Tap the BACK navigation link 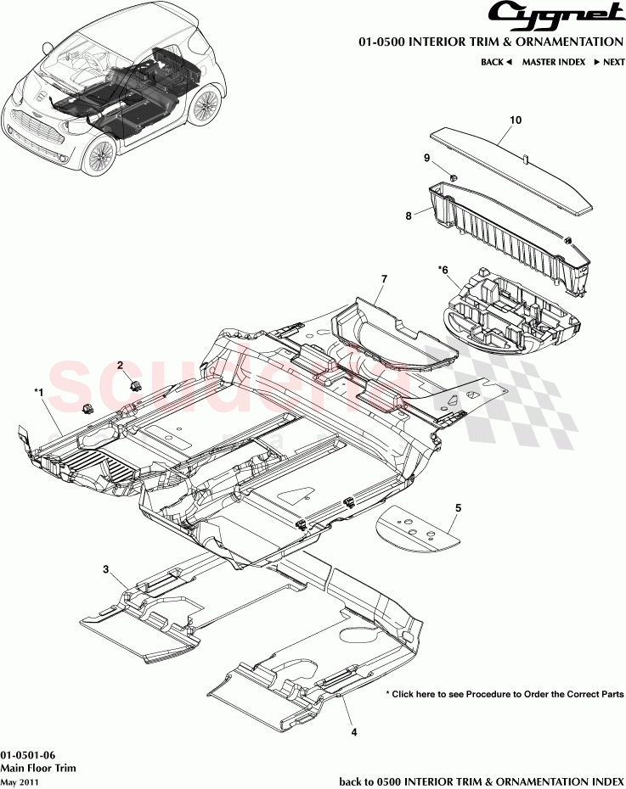pyautogui.click(x=496, y=62)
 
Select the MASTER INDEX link pyautogui.click(x=554, y=62)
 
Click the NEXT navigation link pyautogui.click(x=609, y=62)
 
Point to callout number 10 pyautogui.click(x=516, y=120)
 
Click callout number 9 pyautogui.click(x=426, y=158)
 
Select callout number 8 pyautogui.click(x=409, y=215)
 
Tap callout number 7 pyautogui.click(x=384, y=279)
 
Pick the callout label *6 pyautogui.click(x=443, y=271)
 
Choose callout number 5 pyautogui.click(x=459, y=508)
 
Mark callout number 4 pyautogui.click(x=354, y=732)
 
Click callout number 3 pyautogui.click(x=106, y=569)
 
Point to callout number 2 pyautogui.click(x=121, y=366)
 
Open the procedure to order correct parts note pyautogui.click(x=505, y=694)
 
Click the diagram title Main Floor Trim pyautogui.click(x=38, y=768)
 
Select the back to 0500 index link pyautogui.click(x=482, y=782)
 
